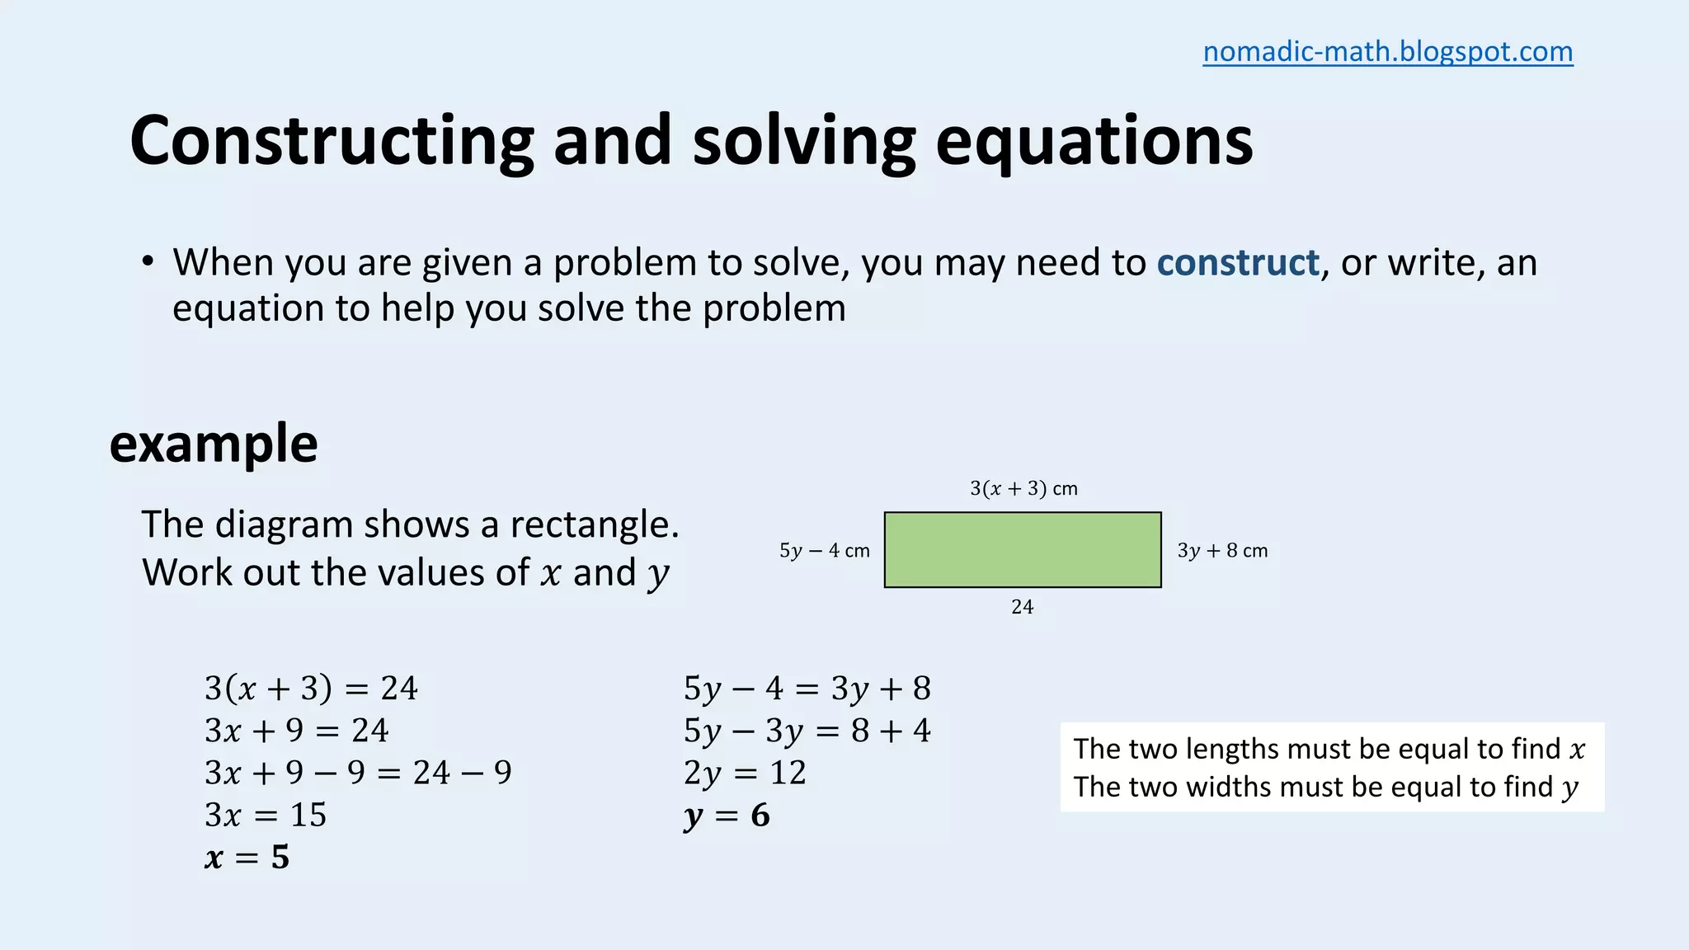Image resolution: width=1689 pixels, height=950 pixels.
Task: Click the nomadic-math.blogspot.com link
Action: click(1387, 52)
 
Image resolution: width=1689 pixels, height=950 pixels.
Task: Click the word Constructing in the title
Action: click(332, 142)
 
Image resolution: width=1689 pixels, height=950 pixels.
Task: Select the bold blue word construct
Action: click(1237, 263)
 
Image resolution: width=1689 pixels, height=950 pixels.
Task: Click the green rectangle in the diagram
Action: click(1023, 550)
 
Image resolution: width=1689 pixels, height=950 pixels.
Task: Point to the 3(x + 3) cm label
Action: click(1023, 488)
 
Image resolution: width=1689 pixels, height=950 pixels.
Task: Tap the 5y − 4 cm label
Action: click(824, 551)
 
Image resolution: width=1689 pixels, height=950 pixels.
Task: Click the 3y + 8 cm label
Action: click(1222, 551)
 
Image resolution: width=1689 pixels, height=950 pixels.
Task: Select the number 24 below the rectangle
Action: click(1022, 607)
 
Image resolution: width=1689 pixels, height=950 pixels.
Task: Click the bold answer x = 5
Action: click(247, 858)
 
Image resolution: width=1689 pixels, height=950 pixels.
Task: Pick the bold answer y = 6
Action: click(727, 816)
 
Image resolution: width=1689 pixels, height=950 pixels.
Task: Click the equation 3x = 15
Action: click(266, 815)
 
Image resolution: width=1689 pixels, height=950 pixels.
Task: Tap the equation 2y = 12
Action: click(745, 773)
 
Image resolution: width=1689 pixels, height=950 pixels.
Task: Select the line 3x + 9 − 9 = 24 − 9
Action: click(358, 773)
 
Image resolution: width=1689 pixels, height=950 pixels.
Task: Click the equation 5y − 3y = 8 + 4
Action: click(807, 731)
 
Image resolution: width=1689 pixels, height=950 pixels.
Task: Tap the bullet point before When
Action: click(148, 262)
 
